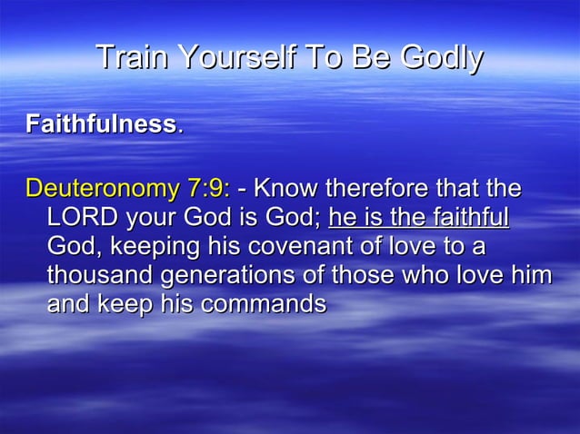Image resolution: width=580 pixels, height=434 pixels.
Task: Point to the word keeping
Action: click(x=155, y=247)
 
